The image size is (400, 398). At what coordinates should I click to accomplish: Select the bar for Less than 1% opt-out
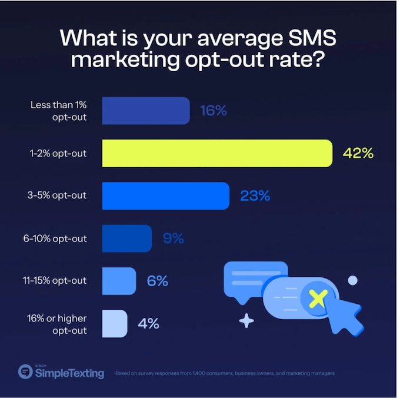coord(146,111)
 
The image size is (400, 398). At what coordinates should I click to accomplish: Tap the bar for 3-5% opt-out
coord(166,196)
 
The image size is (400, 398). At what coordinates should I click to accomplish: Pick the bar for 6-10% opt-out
coord(127,238)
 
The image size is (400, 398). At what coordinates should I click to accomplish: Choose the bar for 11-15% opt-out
coord(119,281)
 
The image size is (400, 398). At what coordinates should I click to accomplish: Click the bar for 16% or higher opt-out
coord(115,323)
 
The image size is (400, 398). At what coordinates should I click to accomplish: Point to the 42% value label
coord(358,154)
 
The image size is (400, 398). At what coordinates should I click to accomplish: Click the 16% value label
coord(212,111)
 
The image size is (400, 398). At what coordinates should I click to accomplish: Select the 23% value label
coord(255,196)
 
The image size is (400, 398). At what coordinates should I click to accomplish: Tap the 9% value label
coord(174,238)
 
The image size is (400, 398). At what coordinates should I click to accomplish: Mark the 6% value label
coord(158,281)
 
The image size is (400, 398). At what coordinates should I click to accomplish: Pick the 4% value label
coord(148,323)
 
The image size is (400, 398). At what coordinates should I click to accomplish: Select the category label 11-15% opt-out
coord(57,281)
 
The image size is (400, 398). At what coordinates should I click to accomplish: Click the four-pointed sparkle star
coord(246,321)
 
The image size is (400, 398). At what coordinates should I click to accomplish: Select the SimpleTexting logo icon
coord(25,372)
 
